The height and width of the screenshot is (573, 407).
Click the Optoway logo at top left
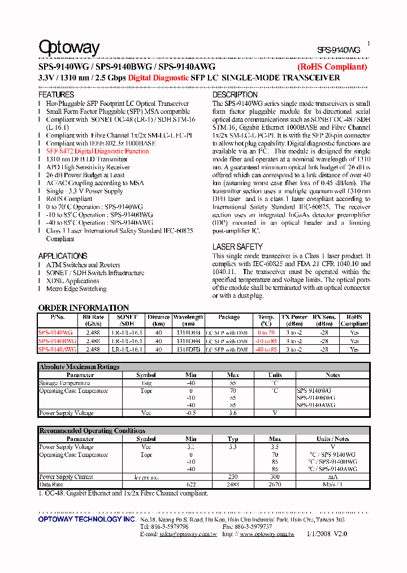(x=68, y=48)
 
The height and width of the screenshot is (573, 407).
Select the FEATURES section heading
(x=56, y=95)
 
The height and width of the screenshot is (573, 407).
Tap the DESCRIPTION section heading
(x=235, y=95)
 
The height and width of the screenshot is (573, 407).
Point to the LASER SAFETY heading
(x=237, y=247)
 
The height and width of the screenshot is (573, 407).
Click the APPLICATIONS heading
(x=63, y=256)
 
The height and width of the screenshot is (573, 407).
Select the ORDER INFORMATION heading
(x=84, y=307)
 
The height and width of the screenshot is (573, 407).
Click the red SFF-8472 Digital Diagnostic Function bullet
(x=98, y=152)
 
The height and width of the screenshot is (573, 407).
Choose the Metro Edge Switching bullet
(x=76, y=289)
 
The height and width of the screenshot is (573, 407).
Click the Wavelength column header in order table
(x=188, y=317)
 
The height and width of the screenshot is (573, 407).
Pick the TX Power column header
(x=295, y=317)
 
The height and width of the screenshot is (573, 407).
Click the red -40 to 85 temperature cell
(x=266, y=350)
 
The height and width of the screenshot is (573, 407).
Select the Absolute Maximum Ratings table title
(x=79, y=367)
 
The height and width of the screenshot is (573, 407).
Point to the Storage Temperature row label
(x=64, y=383)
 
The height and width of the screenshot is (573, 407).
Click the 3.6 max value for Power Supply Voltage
(x=233, y=413)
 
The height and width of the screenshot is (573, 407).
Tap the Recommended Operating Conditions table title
(x=92, y=431)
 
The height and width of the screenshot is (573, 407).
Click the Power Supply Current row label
(x=66, y=477)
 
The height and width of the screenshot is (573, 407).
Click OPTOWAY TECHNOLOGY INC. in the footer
(x=87, y=519)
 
